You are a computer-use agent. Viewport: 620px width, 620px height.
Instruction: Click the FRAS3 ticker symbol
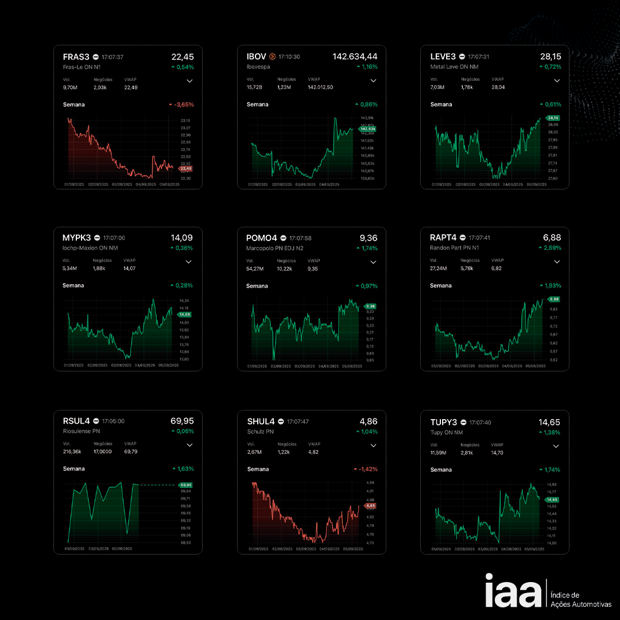[76, 57]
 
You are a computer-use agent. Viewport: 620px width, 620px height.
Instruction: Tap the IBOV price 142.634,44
[355, 56]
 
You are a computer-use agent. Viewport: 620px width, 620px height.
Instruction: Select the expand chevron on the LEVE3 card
[556, 81]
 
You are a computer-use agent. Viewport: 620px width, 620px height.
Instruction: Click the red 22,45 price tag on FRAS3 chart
[186, 169]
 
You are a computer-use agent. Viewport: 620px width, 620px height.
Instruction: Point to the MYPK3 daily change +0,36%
[182, 248]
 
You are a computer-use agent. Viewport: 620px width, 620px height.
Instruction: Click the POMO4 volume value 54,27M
[255, 268]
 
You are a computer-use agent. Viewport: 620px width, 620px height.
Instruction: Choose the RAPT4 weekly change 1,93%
[550, 285]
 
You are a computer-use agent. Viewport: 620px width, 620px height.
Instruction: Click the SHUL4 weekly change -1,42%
[366, 469]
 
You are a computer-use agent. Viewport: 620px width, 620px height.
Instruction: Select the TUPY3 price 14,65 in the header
[549, 422]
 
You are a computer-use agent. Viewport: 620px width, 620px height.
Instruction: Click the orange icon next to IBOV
[272, 57]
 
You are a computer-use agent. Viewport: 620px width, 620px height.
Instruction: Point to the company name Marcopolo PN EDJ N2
[274, 248]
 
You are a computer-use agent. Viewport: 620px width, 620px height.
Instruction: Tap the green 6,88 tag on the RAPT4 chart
[554, 299]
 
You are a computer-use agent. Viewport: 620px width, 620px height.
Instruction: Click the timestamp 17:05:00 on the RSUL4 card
[113, 421]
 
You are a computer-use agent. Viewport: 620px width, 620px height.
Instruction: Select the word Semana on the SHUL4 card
[258, 469]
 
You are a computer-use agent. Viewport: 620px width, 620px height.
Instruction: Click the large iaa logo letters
[513, 590]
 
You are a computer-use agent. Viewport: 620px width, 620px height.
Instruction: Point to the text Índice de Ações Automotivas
[580, 600]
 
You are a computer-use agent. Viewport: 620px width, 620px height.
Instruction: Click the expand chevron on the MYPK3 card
[189, 262]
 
